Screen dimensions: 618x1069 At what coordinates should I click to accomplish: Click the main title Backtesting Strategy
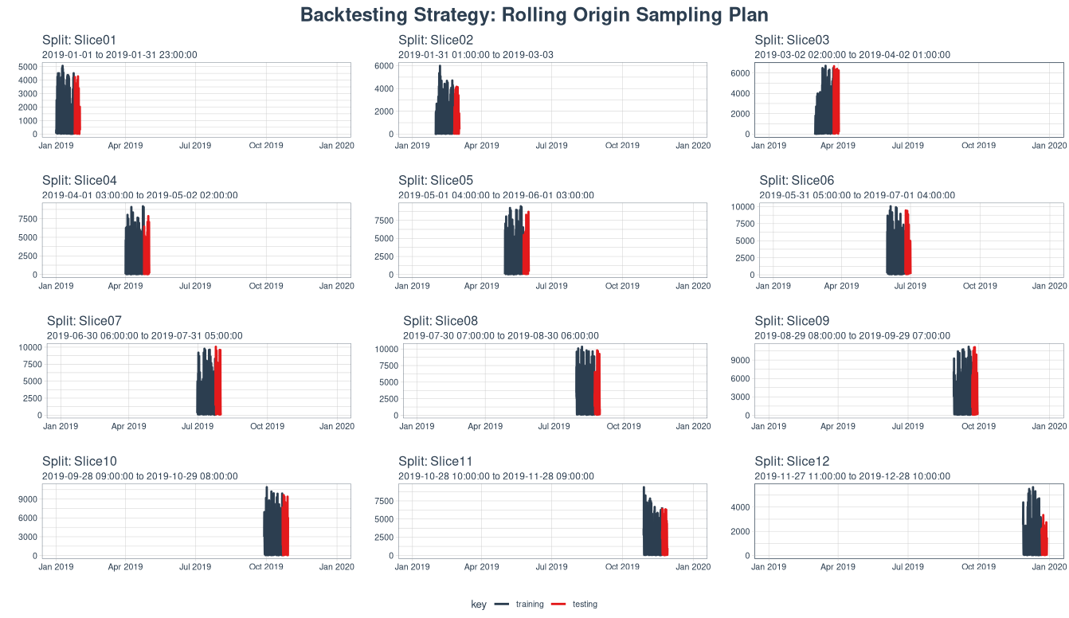point(534,15)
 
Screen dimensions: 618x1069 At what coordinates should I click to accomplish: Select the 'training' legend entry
point(529,604)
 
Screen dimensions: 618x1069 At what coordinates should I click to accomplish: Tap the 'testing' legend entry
point(585,604)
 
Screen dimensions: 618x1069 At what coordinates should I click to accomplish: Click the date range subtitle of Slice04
point(139,195)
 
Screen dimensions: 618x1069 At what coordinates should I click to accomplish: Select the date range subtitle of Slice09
point(852,336)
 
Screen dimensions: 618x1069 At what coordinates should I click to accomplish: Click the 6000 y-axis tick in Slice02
point(384,66)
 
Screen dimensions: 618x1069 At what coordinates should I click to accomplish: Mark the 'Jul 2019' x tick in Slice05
point(551,286)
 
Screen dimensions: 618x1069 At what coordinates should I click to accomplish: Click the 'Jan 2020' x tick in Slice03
point(1048,146)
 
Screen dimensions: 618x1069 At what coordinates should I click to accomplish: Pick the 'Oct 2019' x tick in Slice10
point(266,567)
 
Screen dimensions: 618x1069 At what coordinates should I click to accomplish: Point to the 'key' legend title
point(478,604)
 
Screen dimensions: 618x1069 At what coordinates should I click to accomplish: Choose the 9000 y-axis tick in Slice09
point(740,360)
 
